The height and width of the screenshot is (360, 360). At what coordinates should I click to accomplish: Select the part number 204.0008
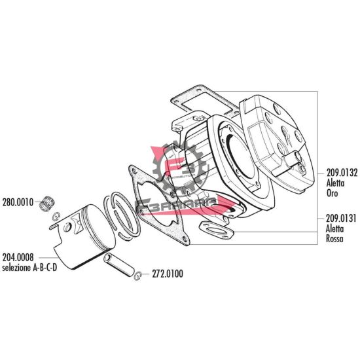(x=18, y=258)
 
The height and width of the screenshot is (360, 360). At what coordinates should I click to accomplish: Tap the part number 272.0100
(x=168, y=274)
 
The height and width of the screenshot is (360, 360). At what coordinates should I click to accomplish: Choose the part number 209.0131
(x=340, y=219)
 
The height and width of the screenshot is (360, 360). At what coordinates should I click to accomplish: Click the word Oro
(x=331, y=175)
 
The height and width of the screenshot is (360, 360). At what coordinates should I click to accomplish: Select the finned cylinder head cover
(x=278, y=141)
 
